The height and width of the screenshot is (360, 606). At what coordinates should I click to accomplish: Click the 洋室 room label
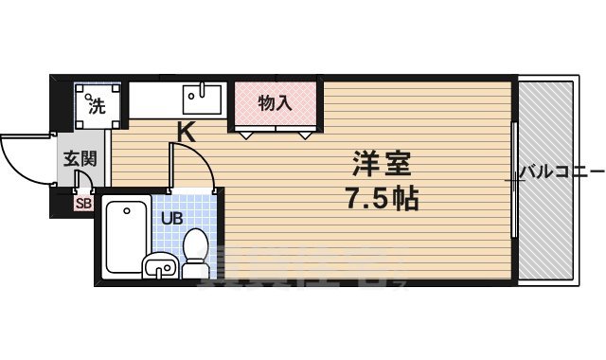click(383, 163)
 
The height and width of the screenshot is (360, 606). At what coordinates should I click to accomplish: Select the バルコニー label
click(561, 172)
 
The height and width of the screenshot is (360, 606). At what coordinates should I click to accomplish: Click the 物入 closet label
click(276, 101)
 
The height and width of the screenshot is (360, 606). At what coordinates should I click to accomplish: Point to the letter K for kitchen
click(187, 133)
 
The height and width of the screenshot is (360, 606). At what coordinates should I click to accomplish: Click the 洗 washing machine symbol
click(97, 103)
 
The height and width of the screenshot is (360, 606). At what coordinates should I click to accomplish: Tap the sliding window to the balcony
click(512, 180)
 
